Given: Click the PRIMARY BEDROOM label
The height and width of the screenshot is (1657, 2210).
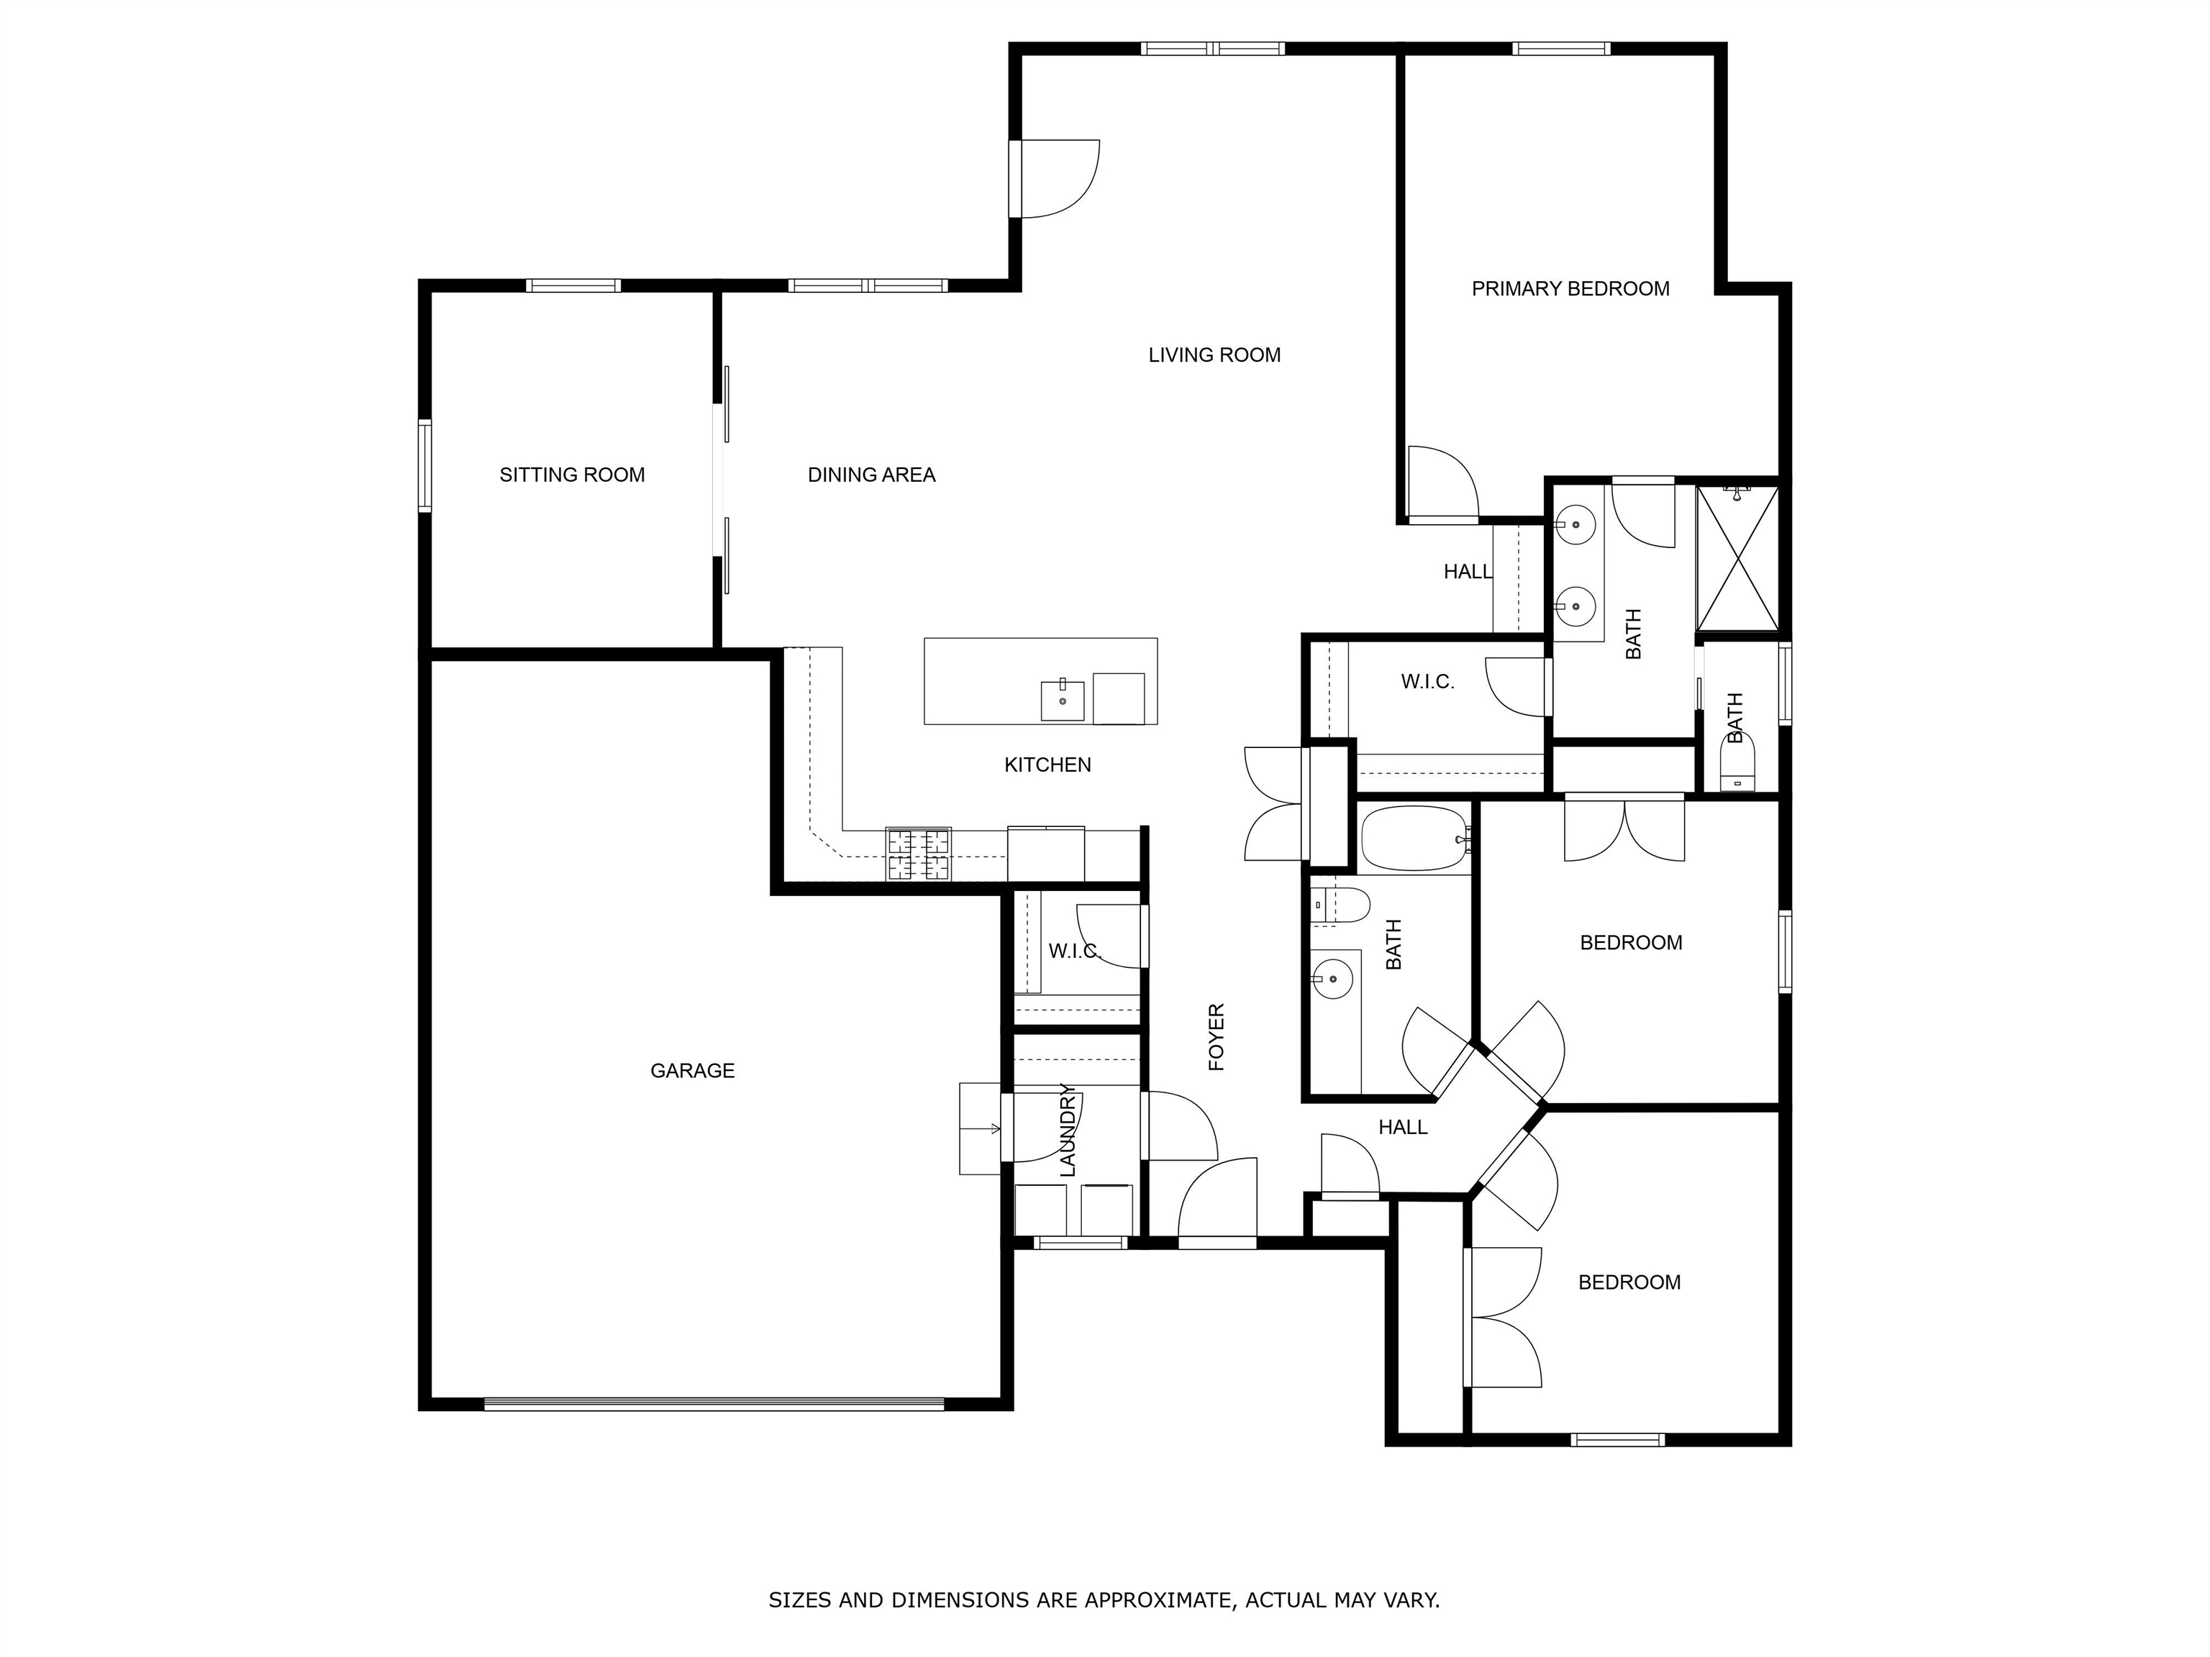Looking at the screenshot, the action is click(1570, 288).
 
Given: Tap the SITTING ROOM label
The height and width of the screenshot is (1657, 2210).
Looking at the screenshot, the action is click(573, 475).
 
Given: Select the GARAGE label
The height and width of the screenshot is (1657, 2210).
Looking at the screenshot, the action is click(692, 1071).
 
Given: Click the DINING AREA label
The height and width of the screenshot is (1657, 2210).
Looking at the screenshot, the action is click(871, 475).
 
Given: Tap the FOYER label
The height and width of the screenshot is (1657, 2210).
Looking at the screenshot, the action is click(1216, 1038).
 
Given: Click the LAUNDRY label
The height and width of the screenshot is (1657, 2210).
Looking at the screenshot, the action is click(1067, 1130).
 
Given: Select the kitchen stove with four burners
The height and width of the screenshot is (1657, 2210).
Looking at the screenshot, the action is click(918, 854).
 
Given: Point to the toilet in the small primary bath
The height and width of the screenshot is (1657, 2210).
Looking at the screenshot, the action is click(1737, 763).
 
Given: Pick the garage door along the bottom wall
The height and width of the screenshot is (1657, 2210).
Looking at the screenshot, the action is click(714, 1403).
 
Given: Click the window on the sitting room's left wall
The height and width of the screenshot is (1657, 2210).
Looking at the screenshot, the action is click(424, 465).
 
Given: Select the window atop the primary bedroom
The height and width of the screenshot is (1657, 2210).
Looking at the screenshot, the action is click(1560, 48).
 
